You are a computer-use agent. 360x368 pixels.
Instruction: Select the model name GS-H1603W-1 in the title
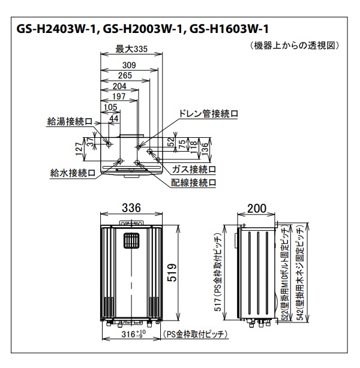click(230, 28)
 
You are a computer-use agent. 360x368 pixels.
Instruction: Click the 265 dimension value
click(125, 76)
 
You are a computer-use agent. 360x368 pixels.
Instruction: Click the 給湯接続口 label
click(70, 121)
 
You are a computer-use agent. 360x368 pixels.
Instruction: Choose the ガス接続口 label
click(194, 170)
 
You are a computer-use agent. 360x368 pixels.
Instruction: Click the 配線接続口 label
click(193, 182)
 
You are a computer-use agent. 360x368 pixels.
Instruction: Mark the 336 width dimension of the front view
click(131, 208)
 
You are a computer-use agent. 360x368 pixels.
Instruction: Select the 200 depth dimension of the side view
click(257, 208)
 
